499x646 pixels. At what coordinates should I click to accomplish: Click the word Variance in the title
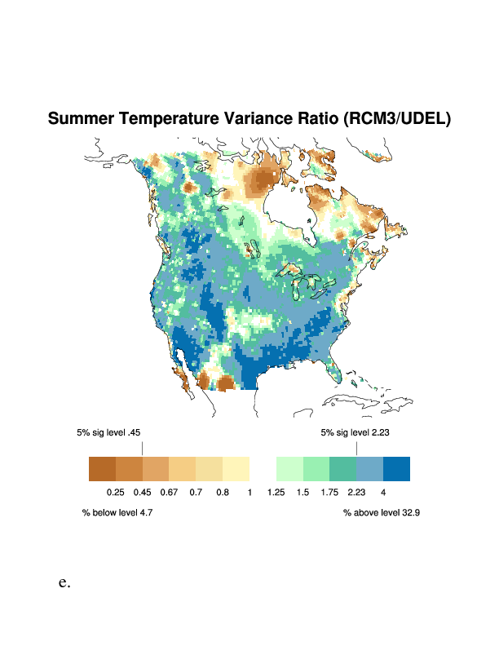point(258,119)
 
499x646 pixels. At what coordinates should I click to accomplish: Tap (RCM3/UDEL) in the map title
point(397,119)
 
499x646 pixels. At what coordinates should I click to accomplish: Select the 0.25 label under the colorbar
point(115,493)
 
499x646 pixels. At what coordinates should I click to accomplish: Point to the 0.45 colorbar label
point(142,493)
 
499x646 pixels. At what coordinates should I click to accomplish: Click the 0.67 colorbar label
point(169,493)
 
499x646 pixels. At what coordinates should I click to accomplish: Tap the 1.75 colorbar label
point(329,493)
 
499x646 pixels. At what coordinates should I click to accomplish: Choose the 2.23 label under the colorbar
point(356,493)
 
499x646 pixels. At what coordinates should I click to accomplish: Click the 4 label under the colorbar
point(382,493)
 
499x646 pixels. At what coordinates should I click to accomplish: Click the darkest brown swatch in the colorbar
point(102,469)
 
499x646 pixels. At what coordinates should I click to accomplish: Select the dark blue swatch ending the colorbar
point(396,469)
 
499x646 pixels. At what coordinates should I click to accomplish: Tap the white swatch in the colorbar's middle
point(263,469)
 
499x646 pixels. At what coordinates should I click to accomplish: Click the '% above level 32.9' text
point(381,513)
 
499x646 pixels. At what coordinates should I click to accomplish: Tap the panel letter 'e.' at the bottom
point(64,583)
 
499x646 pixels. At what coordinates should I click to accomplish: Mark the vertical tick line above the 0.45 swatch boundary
point(142,448)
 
